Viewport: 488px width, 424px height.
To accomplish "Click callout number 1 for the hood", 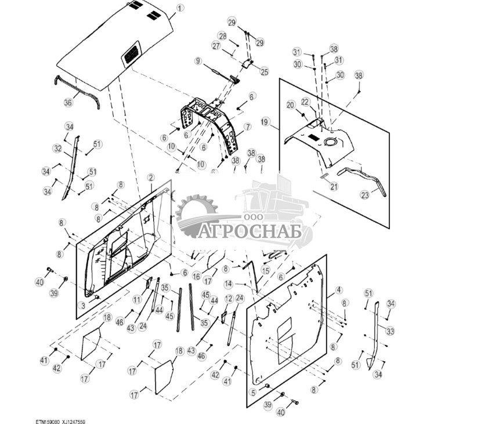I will click(x=179, y=8).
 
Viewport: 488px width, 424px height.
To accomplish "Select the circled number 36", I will click(x=68, y=103).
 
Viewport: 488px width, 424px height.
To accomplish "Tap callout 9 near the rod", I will click(x=198, y=61).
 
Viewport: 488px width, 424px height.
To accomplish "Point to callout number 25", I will click(x=264, y=72).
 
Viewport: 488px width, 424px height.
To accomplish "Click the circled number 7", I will click(x=247, y=126).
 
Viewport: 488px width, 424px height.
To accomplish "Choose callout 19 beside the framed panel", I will click(x=265, y=122).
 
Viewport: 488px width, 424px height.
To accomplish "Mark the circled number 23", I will click(x=364, y=195).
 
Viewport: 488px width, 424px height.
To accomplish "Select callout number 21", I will click(x=333, y=186).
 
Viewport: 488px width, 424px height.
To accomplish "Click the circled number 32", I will click(x=57, y=148).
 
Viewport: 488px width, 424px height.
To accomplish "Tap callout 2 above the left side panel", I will click(x=150, y=177).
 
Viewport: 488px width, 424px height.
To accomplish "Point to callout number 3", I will click(x=83, y=305).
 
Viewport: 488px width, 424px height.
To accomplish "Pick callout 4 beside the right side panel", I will click(x=338, y=290).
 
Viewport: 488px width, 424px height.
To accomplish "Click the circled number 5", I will click(x=253, y=392).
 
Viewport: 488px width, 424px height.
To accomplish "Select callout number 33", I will click(x=391, y=331).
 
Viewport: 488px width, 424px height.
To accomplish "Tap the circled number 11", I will click(x=137, y=300).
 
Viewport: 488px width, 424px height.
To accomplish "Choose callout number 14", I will click(x=229, y=284).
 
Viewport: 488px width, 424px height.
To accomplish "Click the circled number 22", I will click(x=304, y=102).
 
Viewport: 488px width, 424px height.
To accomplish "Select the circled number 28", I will click(x=222, y=36).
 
